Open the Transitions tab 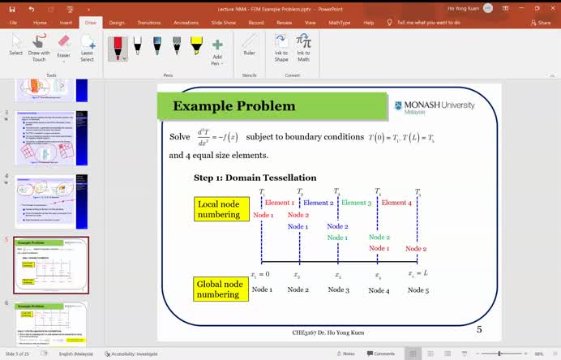point(148,23)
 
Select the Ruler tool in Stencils point(250,48)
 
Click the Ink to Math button point(303,48)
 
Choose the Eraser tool point(63,48)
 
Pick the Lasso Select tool point(88,48)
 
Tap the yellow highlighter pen point(197,45)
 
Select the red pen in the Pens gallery point(118,47)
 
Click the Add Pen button point(216,50)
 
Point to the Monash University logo point(435,106)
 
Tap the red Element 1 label point(279,203)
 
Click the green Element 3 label point(356,203)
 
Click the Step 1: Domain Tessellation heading point(255,178)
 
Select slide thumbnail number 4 point(52,201)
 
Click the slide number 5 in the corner point(479,329)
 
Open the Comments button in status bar point(379,354)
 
